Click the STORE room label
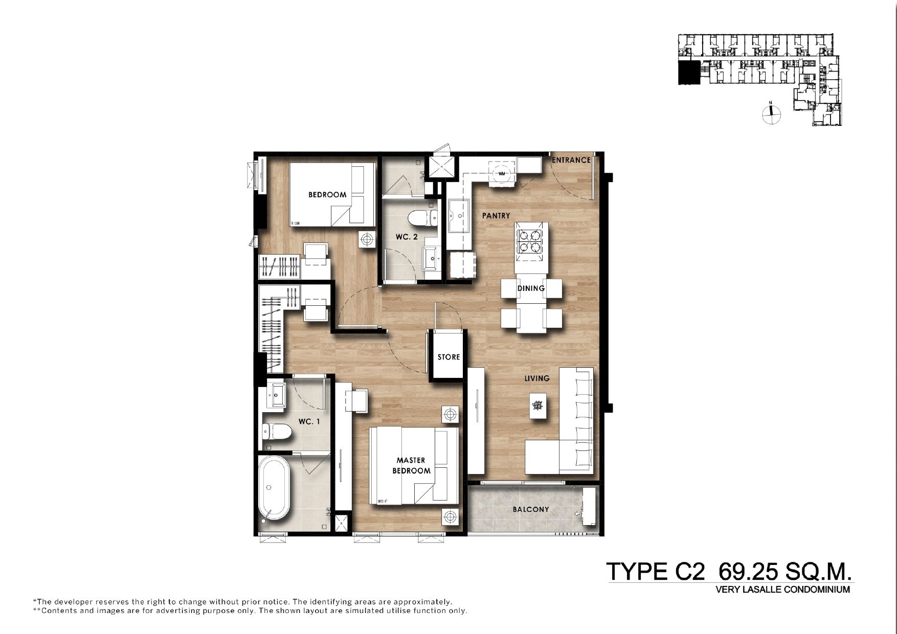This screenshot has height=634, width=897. coord(448,357)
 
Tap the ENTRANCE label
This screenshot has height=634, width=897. coord(571,160)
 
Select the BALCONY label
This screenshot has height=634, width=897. coord(531,509)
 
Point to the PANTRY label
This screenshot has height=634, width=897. coord(496,216)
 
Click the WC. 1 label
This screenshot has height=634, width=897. coord(309,422)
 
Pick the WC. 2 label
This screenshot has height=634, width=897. coord(407,237)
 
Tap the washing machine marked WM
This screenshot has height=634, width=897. coord(502,173)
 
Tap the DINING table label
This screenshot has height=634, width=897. coord(531,288)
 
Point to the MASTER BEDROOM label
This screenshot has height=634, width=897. coord(411,466)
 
